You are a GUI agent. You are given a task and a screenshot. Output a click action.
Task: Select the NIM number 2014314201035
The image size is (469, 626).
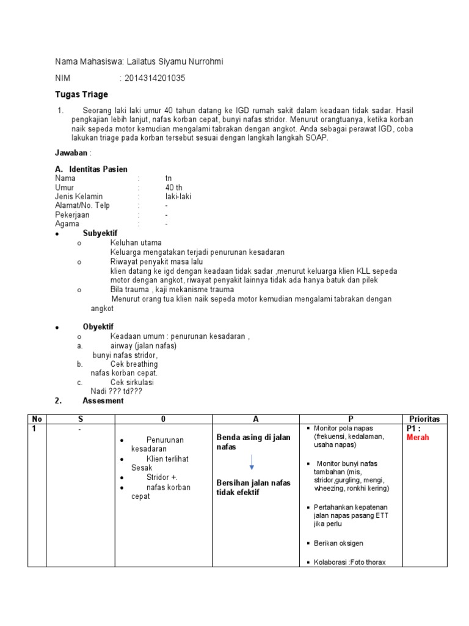[x=155, y=78]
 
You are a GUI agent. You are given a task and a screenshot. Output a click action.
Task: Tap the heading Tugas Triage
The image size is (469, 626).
[x=81, y=94]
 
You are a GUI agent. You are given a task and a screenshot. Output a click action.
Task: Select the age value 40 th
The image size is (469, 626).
[x=173, y=187]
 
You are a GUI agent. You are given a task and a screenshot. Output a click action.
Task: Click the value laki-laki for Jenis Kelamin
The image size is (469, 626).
[x=178, y=196]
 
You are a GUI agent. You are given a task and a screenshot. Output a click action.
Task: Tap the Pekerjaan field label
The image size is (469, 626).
[x=72, y=215]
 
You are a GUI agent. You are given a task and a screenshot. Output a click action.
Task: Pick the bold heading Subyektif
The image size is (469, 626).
[x=100, y=234]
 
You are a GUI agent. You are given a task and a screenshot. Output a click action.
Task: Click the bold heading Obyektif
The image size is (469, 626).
[x=98, y=327]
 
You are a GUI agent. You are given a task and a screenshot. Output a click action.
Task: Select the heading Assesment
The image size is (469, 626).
[x=103, y=400]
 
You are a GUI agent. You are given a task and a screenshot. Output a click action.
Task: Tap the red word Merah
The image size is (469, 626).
[x=418, y=437]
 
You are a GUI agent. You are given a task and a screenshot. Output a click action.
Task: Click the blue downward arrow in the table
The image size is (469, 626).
[x=252, y=463]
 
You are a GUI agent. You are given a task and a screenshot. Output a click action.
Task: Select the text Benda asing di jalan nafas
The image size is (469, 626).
[x=253, y=443]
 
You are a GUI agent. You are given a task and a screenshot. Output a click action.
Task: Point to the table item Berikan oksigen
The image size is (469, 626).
[x=341, y=543]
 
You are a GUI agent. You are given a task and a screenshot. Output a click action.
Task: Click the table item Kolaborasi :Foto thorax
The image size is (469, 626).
[x=349, y=562]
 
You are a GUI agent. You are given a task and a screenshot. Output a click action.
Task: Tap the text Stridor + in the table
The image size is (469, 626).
[x=162, y=477]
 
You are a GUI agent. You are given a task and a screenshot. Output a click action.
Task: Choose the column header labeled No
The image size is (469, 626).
[x=37, y=419]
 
